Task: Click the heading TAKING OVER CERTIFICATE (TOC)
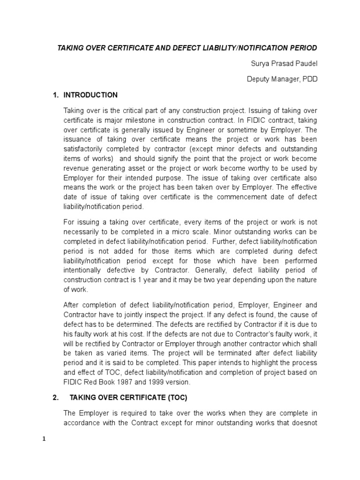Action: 128,398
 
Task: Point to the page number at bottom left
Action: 44,439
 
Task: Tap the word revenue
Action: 76,168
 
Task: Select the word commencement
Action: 232,197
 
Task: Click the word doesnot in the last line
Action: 305,422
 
